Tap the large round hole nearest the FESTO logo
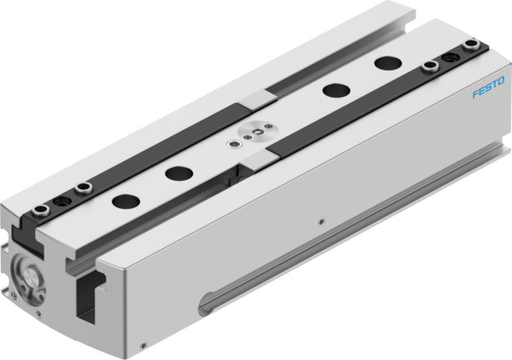point(387,63)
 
